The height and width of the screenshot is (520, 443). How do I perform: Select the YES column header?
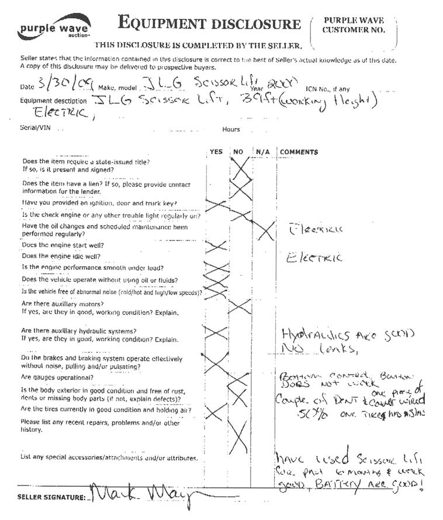216,152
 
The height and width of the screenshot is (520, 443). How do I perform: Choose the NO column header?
238,152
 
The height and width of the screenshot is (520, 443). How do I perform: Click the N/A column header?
262,152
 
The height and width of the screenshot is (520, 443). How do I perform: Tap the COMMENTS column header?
299,152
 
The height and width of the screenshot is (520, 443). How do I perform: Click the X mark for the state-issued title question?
240,169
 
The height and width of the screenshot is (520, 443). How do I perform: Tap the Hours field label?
231,130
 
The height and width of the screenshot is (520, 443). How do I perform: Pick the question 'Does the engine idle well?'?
61,256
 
